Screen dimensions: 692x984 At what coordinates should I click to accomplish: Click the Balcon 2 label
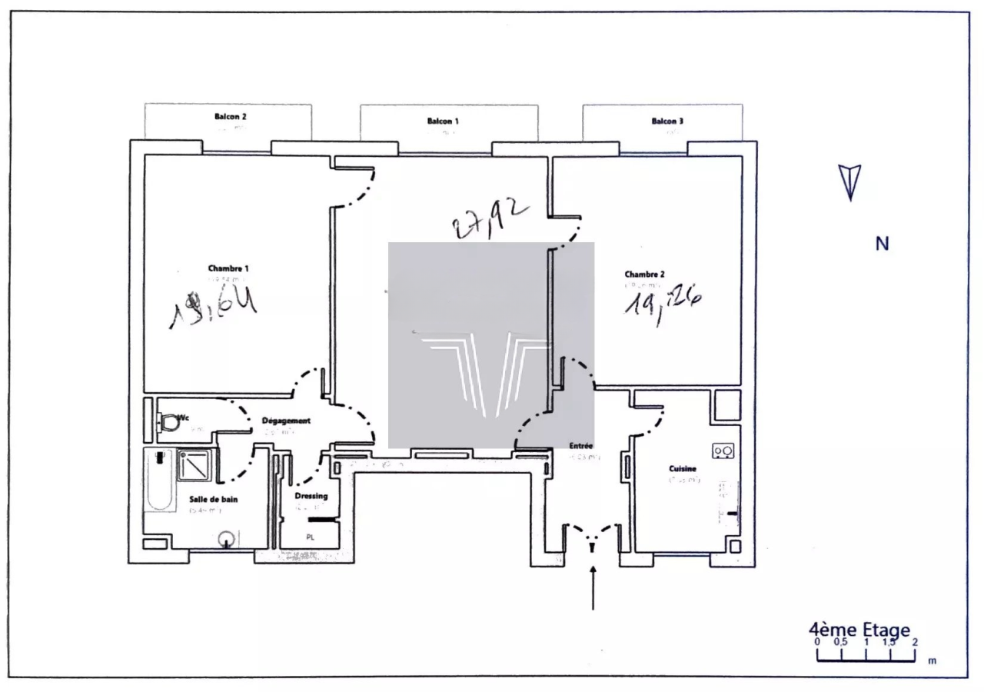[231, 117]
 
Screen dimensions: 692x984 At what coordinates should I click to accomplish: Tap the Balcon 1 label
[443, 121]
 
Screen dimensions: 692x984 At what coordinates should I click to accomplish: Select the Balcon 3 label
[667, 121]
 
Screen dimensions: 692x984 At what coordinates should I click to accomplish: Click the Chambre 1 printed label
[228, 268]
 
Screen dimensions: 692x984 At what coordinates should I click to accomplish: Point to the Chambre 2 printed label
[645, 274]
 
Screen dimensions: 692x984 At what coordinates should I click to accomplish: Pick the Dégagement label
[286, 421]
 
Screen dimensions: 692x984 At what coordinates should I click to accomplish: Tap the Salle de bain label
[214, 499]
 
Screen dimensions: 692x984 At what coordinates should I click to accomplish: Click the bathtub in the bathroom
[159, 481]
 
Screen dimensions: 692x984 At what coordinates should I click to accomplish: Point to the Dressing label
[311, 496]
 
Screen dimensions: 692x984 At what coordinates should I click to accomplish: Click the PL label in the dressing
[311, 537]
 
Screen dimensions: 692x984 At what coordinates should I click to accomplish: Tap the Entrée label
[580, 445]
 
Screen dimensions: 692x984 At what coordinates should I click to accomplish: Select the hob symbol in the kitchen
[723, 451]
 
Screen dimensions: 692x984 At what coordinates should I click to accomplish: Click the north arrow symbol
[850, 182]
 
